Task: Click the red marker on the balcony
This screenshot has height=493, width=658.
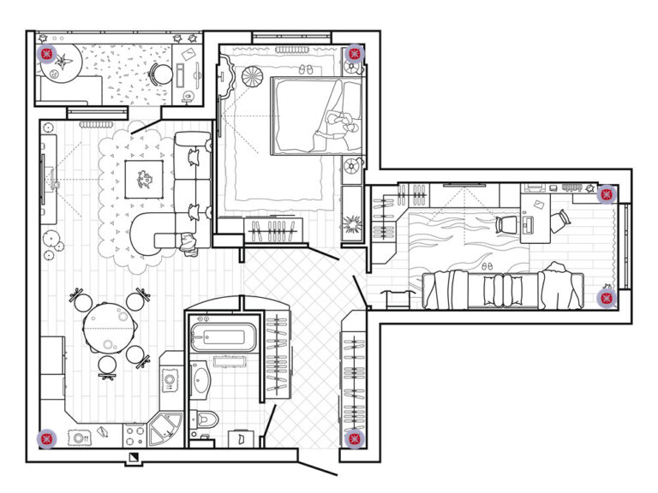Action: click(47, 55)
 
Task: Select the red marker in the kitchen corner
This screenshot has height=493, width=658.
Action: click(46, 439)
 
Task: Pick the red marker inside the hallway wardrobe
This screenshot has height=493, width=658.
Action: click(352, 438)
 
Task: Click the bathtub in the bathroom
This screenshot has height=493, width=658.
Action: click(222, 336)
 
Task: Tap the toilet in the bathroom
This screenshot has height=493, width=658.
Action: click(206, 419)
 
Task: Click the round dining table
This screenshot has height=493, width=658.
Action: click(108, 325)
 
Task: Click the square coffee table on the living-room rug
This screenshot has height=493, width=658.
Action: click(144, 179)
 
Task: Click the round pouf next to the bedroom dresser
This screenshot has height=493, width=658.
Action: click(253, 77)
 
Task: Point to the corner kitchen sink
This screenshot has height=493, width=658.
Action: click(164, 429)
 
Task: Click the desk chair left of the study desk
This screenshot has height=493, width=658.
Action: click(505, 224)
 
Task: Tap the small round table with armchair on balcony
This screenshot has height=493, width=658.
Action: click(159, 75)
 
